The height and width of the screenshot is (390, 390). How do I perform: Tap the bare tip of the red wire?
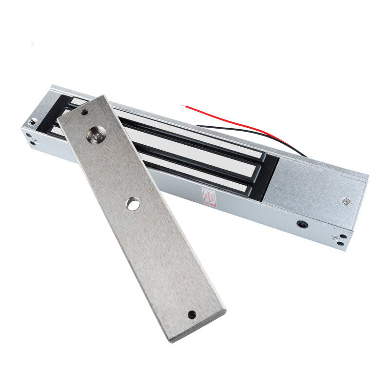click(x=183, y=105)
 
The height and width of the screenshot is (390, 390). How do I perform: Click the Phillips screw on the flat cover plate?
click(x=345, y=201)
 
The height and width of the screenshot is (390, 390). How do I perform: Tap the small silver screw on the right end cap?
click(x=336, y=238)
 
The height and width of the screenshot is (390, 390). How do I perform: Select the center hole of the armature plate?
click(x=132, y=203)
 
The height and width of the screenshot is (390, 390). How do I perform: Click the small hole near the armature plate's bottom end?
click(x=192, y=314)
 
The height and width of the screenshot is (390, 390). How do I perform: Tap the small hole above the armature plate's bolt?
click(x=85, y=112)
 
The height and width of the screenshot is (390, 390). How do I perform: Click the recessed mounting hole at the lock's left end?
click(x=33, y=122)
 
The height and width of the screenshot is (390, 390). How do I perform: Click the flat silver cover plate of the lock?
click(x=317, y=185)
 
